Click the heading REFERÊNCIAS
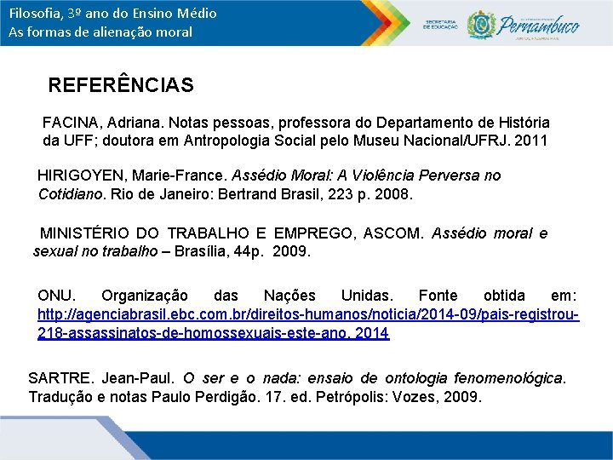tap(121, 85)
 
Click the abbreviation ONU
tap(55, 296)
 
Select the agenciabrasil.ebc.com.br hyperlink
tap(307, 315)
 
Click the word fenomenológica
tap(508, 378)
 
